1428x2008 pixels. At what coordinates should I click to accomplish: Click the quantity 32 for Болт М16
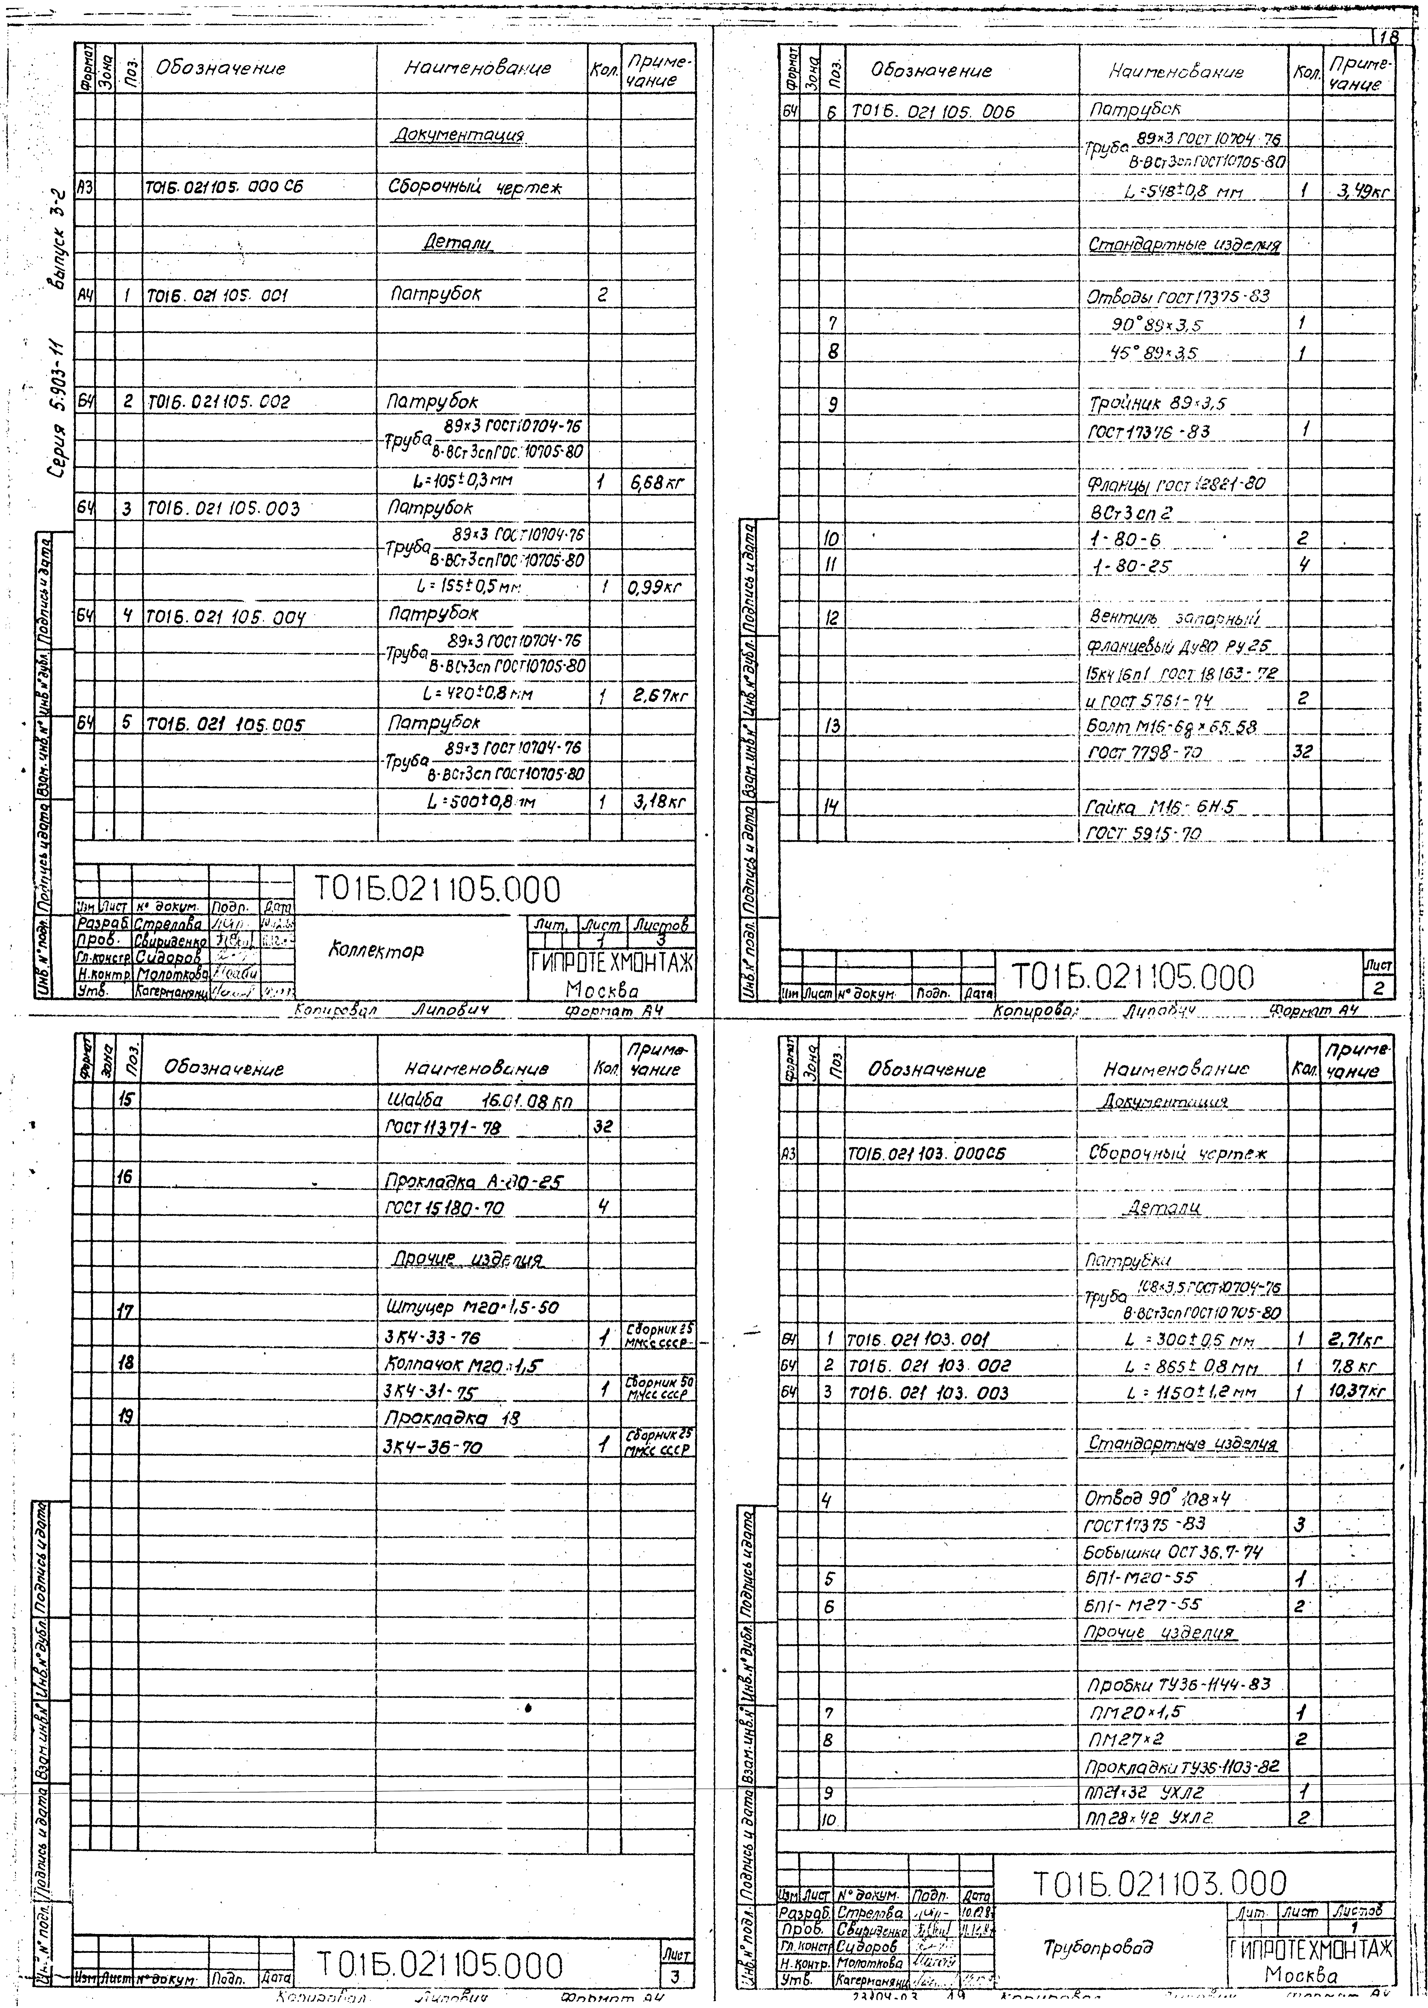click(x=1303, y=753)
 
